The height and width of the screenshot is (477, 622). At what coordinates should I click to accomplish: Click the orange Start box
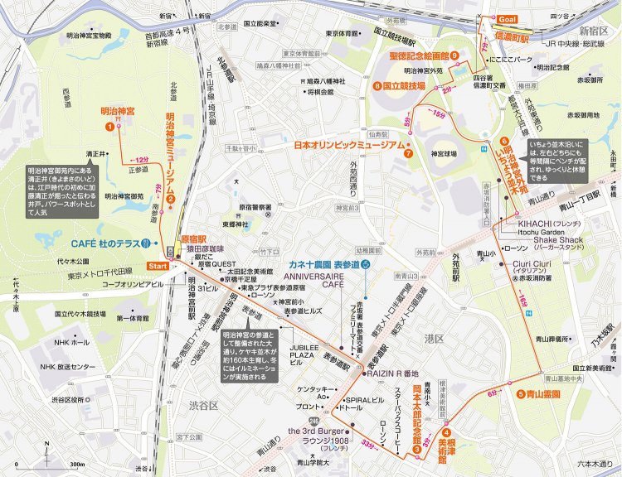[x=157, y=265]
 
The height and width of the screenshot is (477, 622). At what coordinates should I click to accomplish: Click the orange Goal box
[x=507, y=18]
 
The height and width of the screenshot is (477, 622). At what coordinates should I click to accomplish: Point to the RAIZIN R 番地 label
[x=393, y=373]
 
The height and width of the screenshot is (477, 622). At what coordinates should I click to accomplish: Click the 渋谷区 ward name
[x=202, y=406]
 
